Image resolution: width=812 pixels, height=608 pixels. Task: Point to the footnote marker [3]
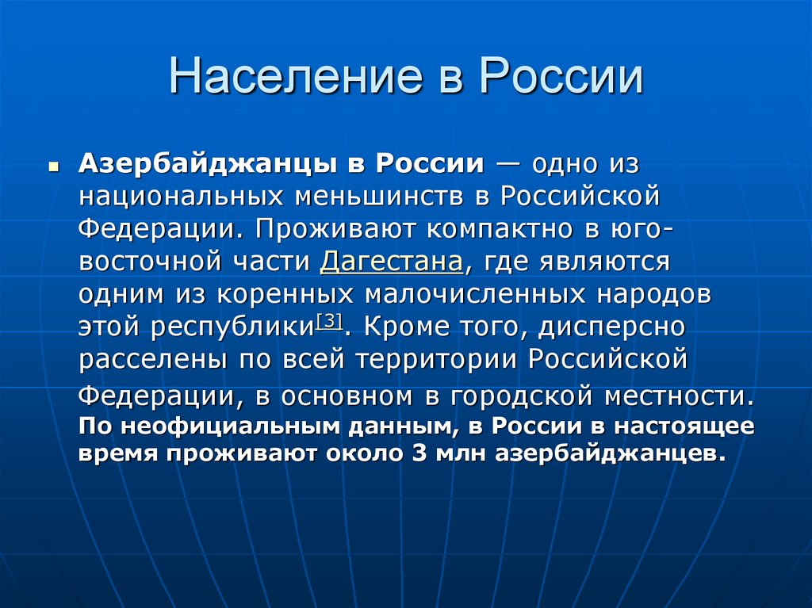pyautogui.click(x=328, y=321)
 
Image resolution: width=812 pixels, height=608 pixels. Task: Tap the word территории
pyautogui.click(x=439, y=359)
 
